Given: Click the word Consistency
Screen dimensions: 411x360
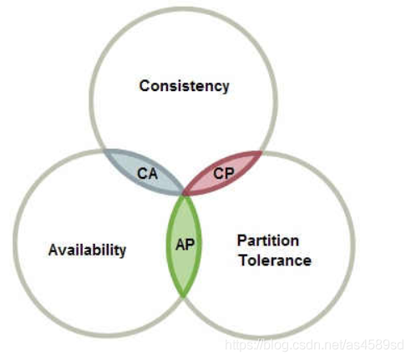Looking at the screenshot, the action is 184,86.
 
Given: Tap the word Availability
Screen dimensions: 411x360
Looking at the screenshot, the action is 87,251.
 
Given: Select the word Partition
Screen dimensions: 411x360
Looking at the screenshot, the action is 268,241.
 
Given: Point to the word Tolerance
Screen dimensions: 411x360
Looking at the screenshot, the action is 275,261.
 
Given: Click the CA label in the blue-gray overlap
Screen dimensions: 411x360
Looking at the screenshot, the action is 147,174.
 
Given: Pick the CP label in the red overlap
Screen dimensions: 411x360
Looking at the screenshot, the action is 224,174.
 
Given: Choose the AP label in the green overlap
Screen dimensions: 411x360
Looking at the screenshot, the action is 185,245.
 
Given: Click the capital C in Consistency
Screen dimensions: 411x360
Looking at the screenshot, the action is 145,85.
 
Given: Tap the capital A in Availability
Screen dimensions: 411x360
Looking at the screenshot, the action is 54,250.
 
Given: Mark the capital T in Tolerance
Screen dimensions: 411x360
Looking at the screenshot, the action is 245,261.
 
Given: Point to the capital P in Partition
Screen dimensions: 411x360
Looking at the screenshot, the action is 242,241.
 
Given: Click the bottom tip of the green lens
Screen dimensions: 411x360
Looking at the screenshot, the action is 183,297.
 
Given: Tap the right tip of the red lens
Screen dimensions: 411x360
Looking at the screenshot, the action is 262,152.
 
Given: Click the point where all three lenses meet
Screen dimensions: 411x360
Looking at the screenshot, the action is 184,194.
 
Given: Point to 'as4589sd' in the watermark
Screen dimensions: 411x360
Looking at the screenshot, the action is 375,345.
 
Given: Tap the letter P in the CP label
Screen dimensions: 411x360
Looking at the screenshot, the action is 230,174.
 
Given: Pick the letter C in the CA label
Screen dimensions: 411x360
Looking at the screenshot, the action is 142,174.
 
